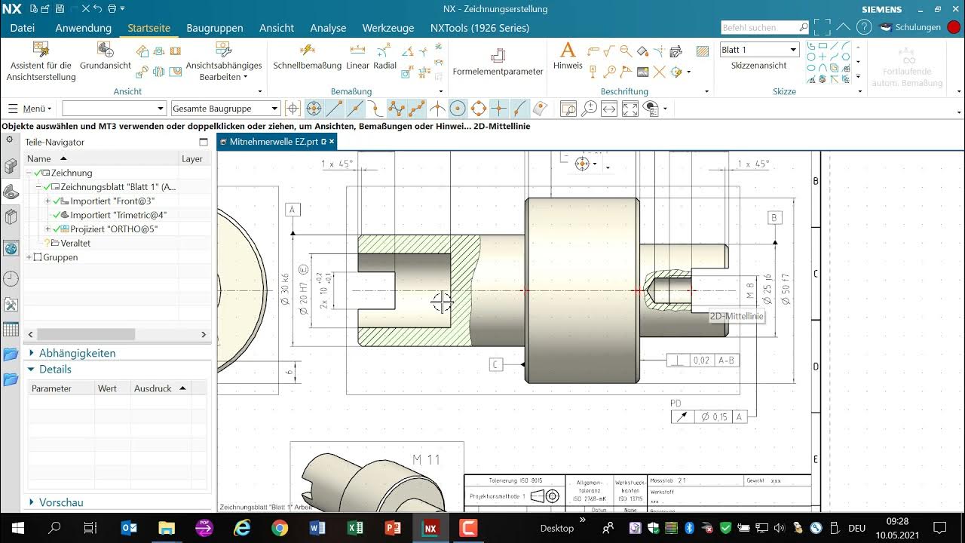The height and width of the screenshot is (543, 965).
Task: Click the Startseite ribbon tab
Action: click(149, 28)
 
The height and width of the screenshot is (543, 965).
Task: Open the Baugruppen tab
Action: click(215, 28)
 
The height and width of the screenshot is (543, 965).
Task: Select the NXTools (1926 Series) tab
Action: click(479, 28)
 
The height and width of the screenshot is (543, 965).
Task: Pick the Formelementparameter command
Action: click(498, 62)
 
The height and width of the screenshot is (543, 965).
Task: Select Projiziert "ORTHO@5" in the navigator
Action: click(114, 229)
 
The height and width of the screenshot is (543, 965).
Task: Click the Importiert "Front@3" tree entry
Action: click(112, 201)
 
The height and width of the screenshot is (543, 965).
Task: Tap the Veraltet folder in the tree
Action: click(75, 244)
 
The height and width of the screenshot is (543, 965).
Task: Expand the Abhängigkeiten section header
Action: click(77, 353)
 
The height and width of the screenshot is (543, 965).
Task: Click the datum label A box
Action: click(293, 210)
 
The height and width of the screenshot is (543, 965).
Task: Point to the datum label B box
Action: click(774, 218)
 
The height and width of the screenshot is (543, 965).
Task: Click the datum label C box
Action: click(495, 364)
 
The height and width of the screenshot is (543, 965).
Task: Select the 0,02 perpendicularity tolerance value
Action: click(701, 360)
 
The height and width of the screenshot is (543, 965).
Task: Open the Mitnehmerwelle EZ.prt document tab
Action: click(273, 142)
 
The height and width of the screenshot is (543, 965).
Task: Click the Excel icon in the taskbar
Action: click(355, 528)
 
